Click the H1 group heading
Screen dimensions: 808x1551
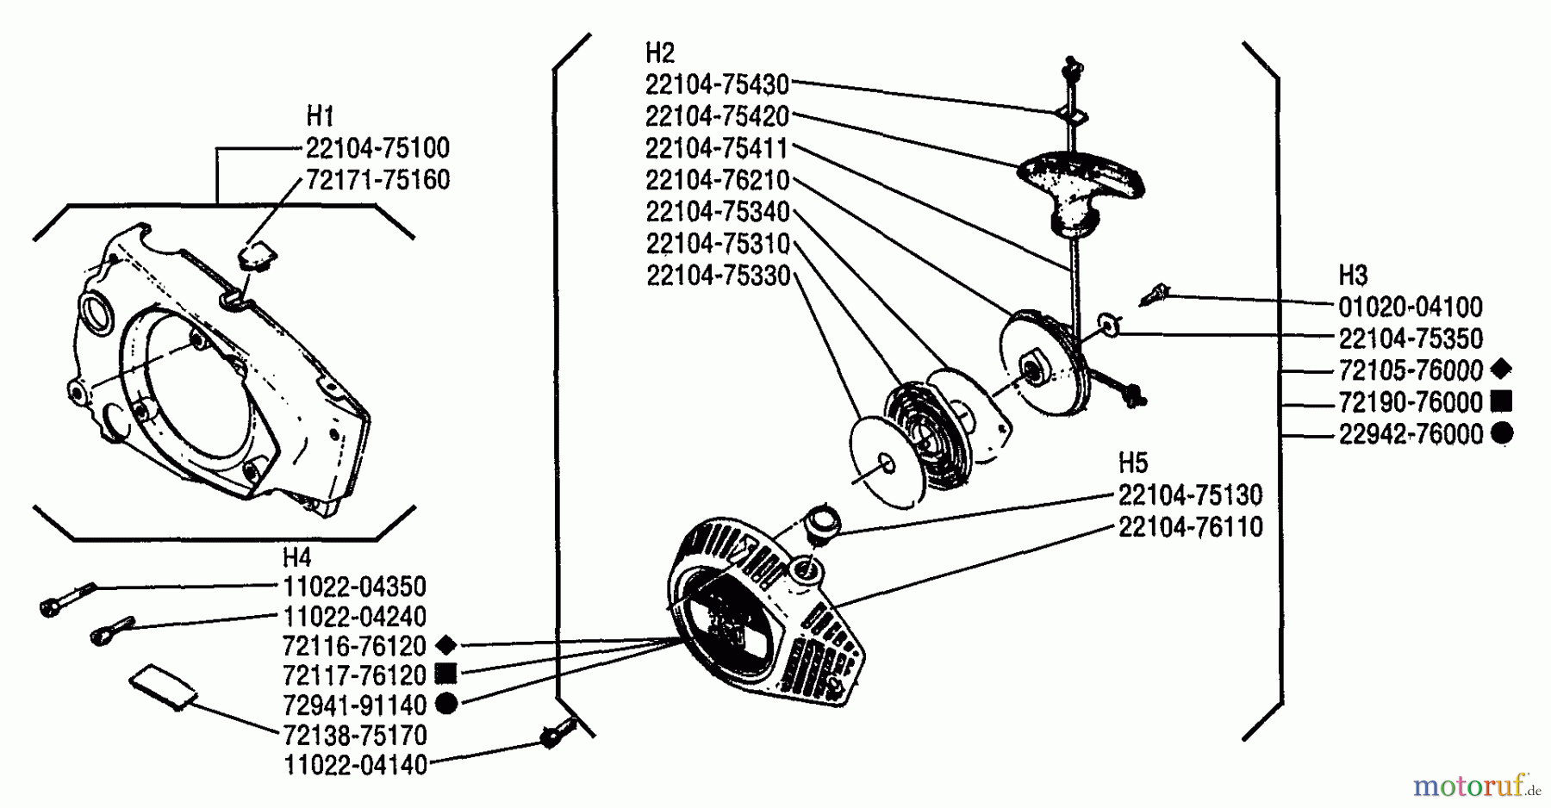coord(320,115)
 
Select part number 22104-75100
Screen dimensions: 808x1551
coord(377,148)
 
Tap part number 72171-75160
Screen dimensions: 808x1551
coord(377,180)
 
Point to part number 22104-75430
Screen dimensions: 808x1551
coord(717,84)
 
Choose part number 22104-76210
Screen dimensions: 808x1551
coord(717,180)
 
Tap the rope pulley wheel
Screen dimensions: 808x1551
coord(1046,366)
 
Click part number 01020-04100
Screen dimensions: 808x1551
coord(1411,307)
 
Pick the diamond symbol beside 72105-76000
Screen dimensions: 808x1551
coord(1500,370)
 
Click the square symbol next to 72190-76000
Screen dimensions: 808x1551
coord(1501,401)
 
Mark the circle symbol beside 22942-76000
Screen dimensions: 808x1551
coord(1501,433)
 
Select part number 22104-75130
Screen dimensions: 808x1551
coord(1190,495)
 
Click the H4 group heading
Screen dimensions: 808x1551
coord(296,556)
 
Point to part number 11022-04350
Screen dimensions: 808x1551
coord(354,587)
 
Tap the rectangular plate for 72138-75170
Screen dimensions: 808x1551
coord(164,687)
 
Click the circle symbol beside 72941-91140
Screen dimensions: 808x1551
coord(445,704)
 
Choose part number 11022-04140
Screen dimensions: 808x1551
coord(354,765)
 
